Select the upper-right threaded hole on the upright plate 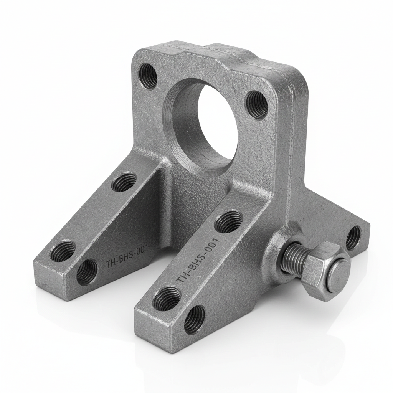pyautogui.click(x=257, y=104)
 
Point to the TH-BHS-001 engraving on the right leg pyautogui.click(x=198, y=261)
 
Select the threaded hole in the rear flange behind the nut pyautogui.click(x=353, y=238)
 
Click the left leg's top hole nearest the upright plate pyautogui.click(x=124, y=182)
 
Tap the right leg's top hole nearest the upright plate pyautogui.click(x=228, y=222)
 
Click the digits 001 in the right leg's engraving pyautogui.click(x=211, y=246)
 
